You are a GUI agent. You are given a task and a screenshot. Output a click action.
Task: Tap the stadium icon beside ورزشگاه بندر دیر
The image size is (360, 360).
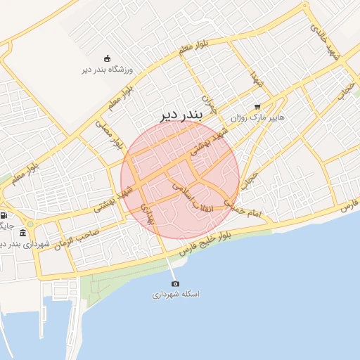[x=107, y=58]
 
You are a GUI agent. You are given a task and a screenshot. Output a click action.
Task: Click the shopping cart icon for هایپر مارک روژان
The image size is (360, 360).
[x=257, y=107]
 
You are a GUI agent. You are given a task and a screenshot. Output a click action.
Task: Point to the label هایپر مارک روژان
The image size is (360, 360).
[x=258, y=118]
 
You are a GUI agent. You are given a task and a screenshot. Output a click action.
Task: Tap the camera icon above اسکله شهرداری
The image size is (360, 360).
[x=175, y=283]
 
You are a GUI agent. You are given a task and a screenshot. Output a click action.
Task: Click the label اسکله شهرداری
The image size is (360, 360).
[x=176, y=294]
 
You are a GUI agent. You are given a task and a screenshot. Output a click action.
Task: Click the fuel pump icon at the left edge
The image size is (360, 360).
[x=4, y=216]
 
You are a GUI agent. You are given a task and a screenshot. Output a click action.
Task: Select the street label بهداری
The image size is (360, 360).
[x=147, y=214]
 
